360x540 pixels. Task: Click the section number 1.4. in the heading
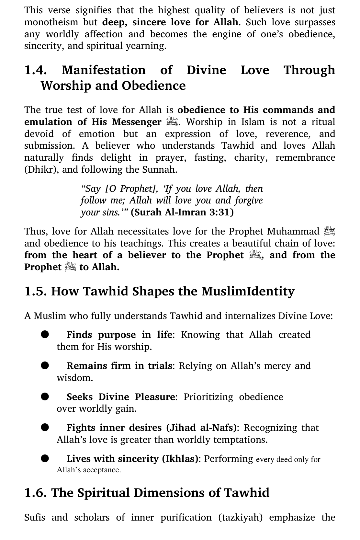tap(36, 70)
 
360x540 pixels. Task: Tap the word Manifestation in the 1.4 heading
tap(104, 70)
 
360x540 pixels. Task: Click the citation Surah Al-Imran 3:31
tap(182, 213)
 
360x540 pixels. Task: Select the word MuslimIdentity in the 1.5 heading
tap(248, 292)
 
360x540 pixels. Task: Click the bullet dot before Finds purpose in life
tap(45, 334)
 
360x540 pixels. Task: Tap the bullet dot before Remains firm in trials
tap(45, 365)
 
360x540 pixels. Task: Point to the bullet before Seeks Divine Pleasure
tap(45, 396)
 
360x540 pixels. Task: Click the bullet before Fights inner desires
tap(45, 427)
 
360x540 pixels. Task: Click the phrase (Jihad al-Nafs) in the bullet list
tap(201, 428)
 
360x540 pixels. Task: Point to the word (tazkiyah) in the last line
tap(241, 518)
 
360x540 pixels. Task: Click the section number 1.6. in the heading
tap(36, 493)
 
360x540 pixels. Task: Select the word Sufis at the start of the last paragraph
tap(35, 518)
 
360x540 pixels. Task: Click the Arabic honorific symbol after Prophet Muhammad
tap(330, 231)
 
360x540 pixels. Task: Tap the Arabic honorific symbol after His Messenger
tap(172, 122)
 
